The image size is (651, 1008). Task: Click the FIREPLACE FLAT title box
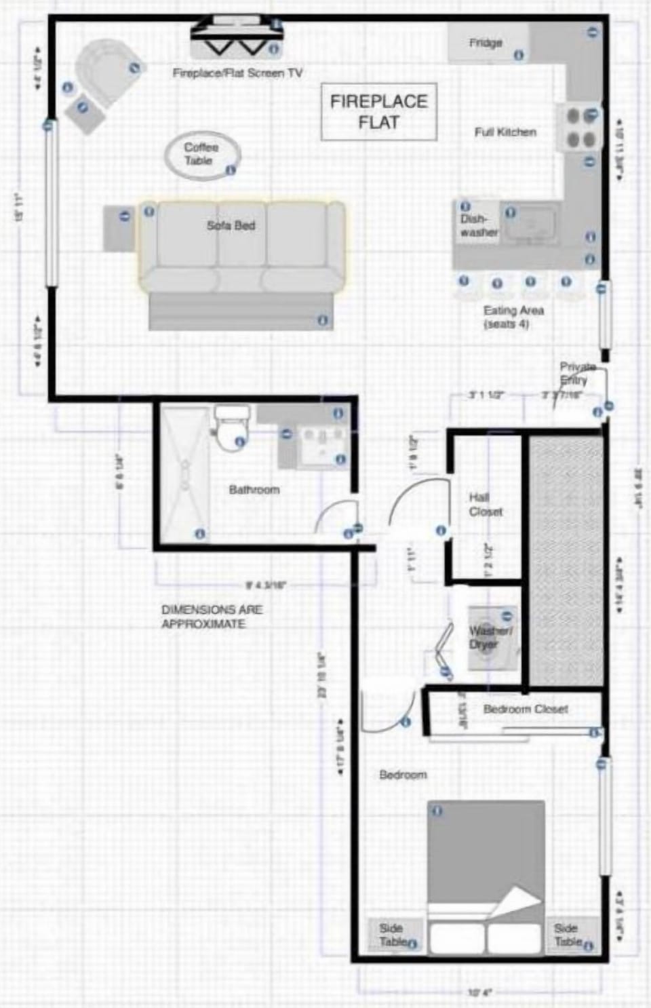pyautogui.click(x=378, y=112)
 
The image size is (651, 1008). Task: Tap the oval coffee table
pyautogui.click(x=201, y=156)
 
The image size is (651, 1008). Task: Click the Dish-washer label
pyautogui.click(x=479, y=225)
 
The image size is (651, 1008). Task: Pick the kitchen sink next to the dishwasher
pyautogui.click(x=533, y=225)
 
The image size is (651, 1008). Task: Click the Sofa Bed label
pyautogui.click(x=231, y=225)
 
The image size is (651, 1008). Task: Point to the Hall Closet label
pyautogui.click(x=486, y=505)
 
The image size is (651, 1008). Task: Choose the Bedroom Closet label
pyautogui.click(x=526, y=709)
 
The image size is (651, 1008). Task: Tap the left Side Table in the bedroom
pyautogui.click(x=393, y=935)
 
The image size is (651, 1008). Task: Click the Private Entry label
pyautogui.click(x=576, y=373)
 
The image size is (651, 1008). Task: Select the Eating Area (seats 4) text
pyautogui.click(x=513, y=317)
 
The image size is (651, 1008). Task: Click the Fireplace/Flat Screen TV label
pyautogui.click(x=237, y=73)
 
